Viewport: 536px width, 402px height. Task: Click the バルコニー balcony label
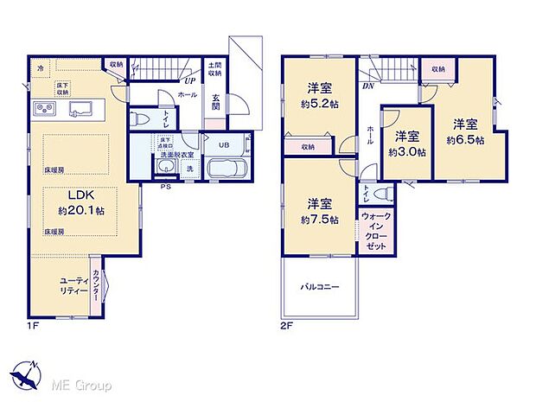pyautogui.click(x=320, y=286)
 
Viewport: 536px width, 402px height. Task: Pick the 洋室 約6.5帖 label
pyautogui.click(x=465, y=131)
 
